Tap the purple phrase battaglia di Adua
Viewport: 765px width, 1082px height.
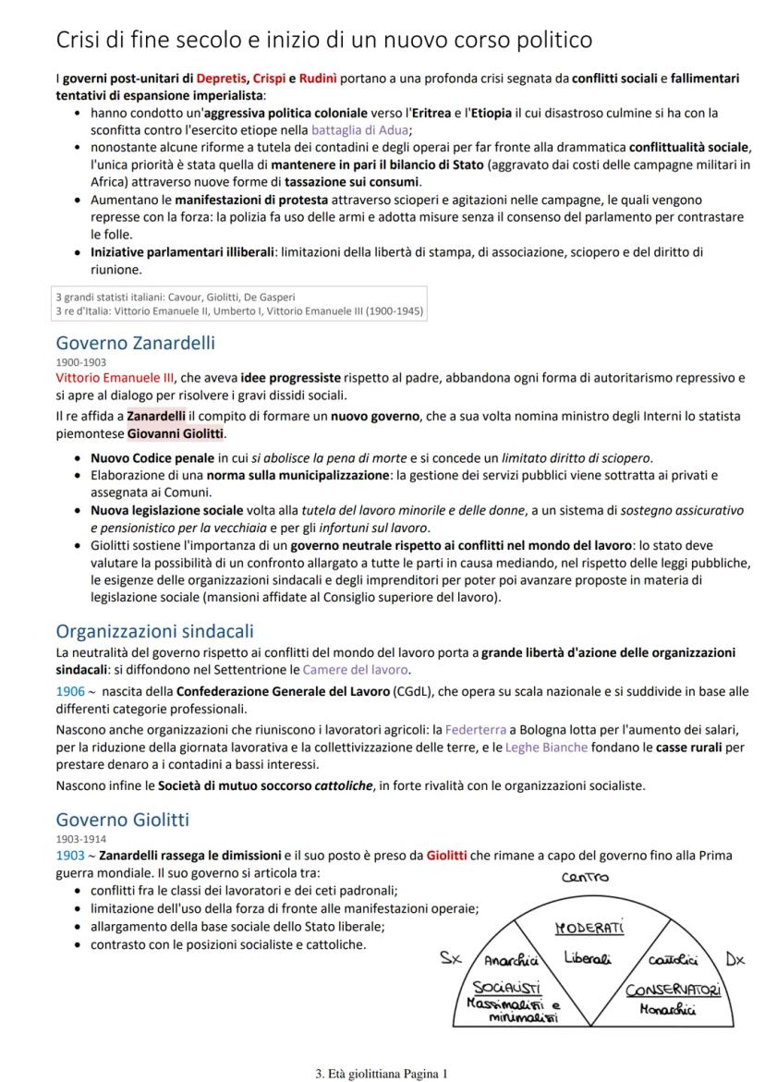pos(360,130)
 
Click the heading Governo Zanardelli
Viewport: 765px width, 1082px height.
pos(135,343)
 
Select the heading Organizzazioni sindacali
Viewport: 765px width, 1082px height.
pos(154,631)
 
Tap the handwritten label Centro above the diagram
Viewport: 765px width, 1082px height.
pos(586,877)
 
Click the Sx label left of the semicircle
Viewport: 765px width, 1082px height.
pos(450,958)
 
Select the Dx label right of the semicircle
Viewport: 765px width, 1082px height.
pos(735,959)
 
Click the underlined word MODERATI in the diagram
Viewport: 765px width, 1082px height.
pos(589,928)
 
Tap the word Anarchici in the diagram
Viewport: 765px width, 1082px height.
pos(512,960)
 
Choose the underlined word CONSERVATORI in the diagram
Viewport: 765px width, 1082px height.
pos(673,991)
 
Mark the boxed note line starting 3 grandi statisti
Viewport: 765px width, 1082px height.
pos(176,297)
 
